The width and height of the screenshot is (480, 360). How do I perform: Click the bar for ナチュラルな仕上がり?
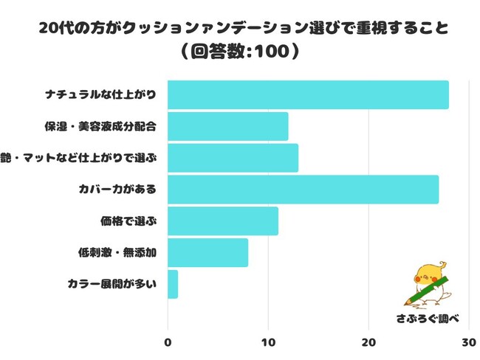coord(308,95)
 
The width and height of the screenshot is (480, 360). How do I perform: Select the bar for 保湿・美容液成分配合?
coord(227,127)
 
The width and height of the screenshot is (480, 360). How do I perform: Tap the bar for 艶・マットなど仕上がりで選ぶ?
coord(233,158)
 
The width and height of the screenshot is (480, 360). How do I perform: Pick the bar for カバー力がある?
coord(303,190)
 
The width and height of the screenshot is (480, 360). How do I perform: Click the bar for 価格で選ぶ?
coord(223,221)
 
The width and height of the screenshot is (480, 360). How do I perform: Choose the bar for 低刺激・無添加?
coord(208,253)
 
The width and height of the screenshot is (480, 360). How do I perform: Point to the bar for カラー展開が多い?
coord(173,284)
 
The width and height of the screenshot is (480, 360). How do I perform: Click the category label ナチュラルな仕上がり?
coord(111,95)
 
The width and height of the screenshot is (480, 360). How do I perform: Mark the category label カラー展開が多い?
coord(112,284)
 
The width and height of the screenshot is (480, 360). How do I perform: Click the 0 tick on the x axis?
coord(168,342)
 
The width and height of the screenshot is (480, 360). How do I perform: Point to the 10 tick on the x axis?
coord(268,342)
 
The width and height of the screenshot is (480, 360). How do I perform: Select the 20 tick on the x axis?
coord(368,342)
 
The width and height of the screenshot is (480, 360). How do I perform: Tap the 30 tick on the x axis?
coord(467,342)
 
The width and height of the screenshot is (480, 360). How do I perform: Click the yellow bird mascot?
coord(429,283)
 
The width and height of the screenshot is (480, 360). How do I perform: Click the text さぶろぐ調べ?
coord(428,318)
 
